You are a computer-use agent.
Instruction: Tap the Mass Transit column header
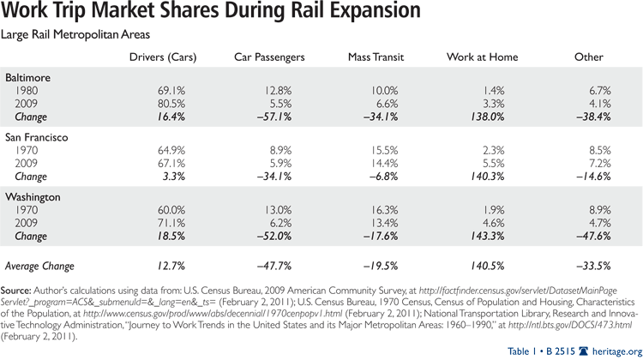tap(375, 57)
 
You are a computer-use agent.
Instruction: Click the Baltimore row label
tap(27, 78)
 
